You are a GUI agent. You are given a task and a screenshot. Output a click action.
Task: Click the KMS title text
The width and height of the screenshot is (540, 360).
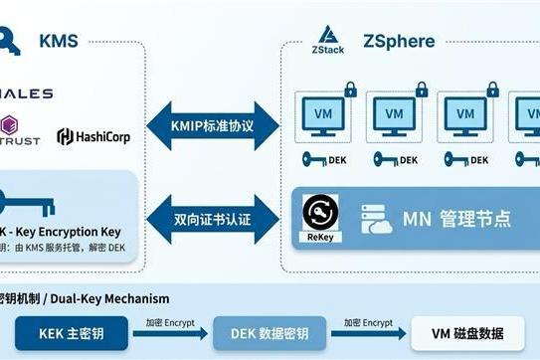point(58,41)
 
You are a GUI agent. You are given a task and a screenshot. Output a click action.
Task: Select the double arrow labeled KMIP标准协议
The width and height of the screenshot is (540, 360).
point(212,126)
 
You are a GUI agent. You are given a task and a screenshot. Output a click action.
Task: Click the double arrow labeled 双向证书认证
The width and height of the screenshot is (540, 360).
point(212,215)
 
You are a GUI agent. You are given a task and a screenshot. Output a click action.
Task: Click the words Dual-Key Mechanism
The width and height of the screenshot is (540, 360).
point(108,298)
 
